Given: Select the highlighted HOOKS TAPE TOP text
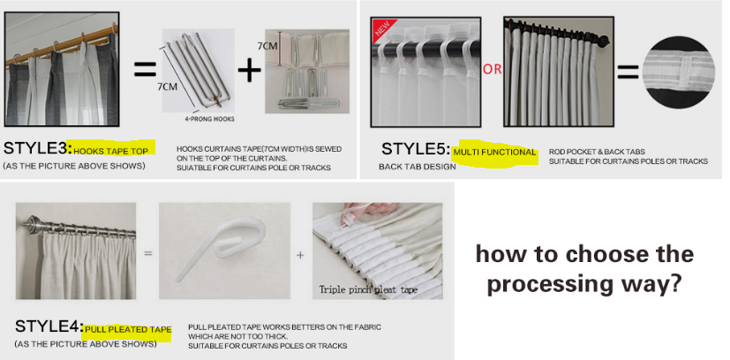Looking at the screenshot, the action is [x=111, y=151].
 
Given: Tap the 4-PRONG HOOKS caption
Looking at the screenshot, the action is [x=209, y=119].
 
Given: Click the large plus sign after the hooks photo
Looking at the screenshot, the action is [x=250, y=71].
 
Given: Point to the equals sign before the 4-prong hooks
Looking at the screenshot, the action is [x=146, y=71].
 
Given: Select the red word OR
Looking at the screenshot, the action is [x=492, y=70].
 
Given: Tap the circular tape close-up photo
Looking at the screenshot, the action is [x=678, y=71].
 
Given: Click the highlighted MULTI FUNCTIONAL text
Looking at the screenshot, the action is [x=494, y=152].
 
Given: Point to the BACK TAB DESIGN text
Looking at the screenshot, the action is [x=418, y=167].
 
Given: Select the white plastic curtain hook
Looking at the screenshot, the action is [x=220, y=249].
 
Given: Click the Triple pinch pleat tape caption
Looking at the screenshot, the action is [x=368, y=289].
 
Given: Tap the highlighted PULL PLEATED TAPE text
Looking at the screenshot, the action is [x=128, y=330].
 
